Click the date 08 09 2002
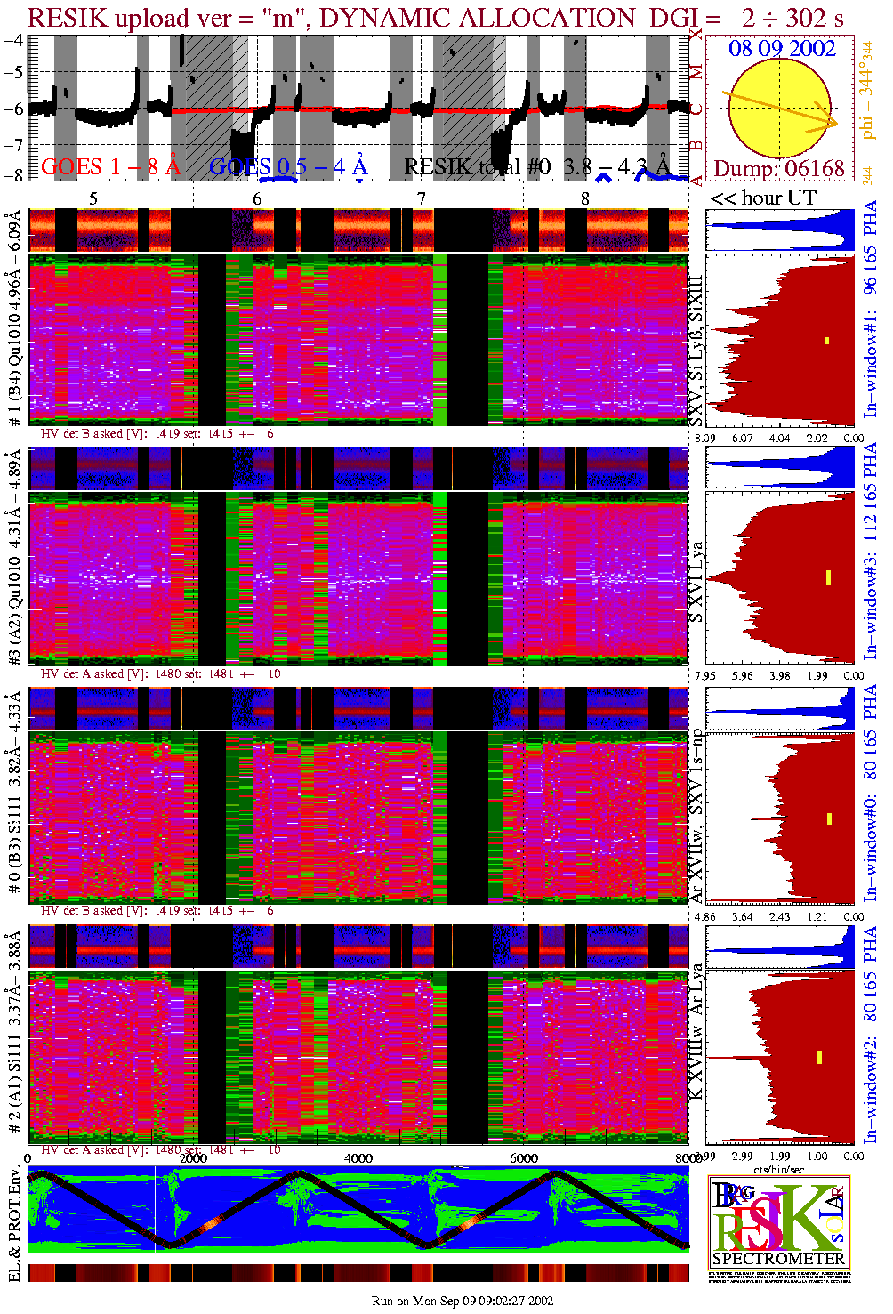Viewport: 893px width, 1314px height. click(x=782, y=48)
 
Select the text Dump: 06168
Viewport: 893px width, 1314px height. click(x=778, y=168)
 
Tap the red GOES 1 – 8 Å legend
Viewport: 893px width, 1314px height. click(x=110, y=166)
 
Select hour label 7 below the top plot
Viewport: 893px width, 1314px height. click(x=422, y=198)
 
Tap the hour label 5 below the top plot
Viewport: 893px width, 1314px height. click(x=93, y=198)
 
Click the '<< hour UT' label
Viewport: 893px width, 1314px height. click(x=762, y=198)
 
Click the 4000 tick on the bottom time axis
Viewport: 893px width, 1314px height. click(x=358, y=1158)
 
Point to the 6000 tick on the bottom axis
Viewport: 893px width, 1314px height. click(x=523, y=1158)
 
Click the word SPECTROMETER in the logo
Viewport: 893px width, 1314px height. click(x=778, y=1259)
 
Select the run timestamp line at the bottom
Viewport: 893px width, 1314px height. click(x=463, y=1301)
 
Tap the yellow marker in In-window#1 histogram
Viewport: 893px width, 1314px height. click(x=826, y=340)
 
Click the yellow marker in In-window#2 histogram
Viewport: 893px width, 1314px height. click(x=819, y=1057)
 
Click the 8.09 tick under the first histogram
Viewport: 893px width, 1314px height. click(x=705, y=438)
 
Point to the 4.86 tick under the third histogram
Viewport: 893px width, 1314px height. click(x=705, y=916)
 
